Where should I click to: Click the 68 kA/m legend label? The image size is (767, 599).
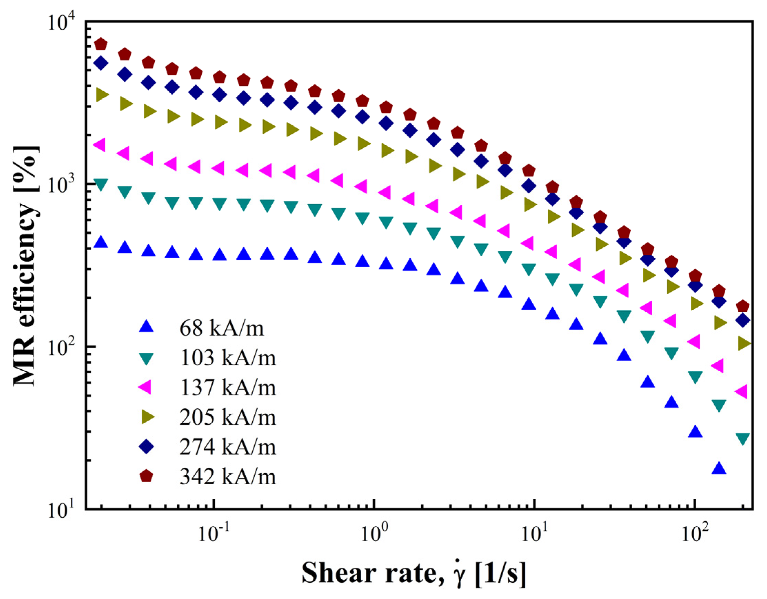pyautogui.click(x=222, y=329)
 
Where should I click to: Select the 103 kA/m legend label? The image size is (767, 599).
pyautogui.click(x=228, y=358)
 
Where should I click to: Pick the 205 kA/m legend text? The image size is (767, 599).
pyautogui.click(x=228, y=417)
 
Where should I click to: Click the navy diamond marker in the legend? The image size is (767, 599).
pyautogui.click(x=146, y=447)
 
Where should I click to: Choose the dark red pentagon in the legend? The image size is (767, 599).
pyautogui.click(x=146, y=476)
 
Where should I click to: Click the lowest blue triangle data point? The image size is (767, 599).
pyautogui.click(x=718, y=468)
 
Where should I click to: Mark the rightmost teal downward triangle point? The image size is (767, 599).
pyautogui.click(x=743, y=438)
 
